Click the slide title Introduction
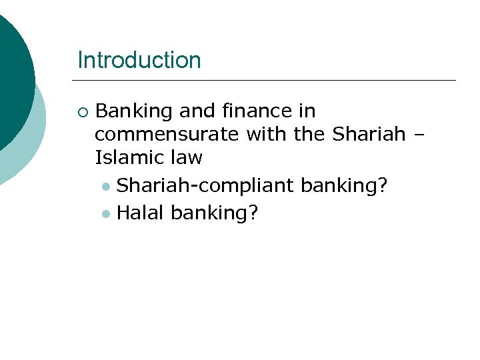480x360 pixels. pos(139,60)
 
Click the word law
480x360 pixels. pos(187,158)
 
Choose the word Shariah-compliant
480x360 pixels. pos(205,186)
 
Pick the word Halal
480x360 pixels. pos(141,213)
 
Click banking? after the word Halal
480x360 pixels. pos(215,213)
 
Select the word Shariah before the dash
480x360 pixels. pos(369,134)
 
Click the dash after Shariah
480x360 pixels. pos(417,135)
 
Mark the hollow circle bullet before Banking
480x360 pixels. pos(82,111)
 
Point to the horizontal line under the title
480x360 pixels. pos(267,81)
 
